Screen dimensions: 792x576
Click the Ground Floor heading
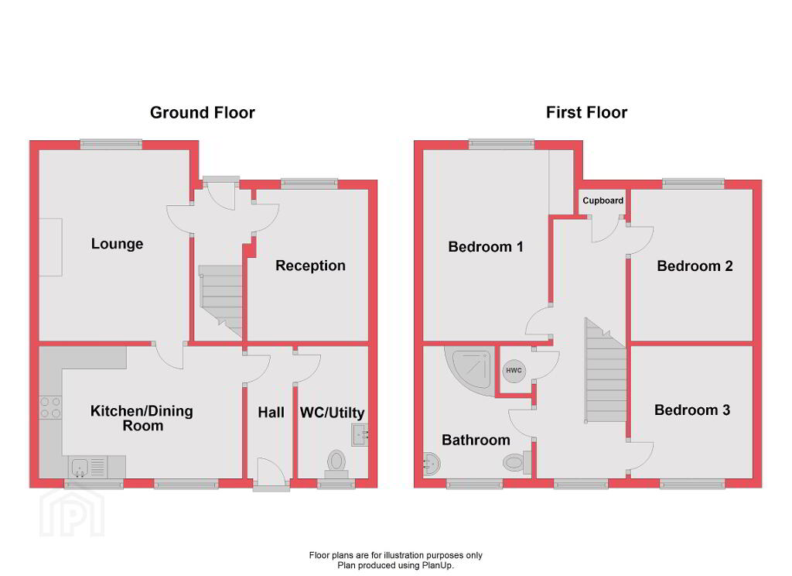[x=202, y=113]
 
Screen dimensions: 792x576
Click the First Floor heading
[x=586, y=112]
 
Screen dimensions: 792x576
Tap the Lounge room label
[x=118, y=244]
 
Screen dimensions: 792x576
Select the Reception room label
[x=310, y=266]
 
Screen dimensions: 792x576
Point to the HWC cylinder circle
[x=514, y=371]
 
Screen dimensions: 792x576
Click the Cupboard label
[x=603, y=201]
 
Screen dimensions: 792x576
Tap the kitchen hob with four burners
[x=50, y=407]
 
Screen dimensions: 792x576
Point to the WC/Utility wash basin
[x=360, y=434]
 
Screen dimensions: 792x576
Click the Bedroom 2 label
[x=695, y=266]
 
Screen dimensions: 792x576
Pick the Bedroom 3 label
[x=692, y=410]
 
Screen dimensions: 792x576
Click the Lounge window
[x=111, y=145]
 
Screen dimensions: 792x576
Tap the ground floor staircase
[x=221, y=301]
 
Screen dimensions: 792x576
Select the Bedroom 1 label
[x=486, y=247]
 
